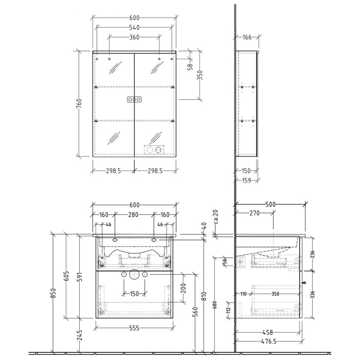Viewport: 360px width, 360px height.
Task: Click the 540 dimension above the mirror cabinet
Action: pyautogui.click(x=134, y=27)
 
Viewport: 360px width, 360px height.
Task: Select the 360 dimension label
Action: pyautogui.click(x=134, y=38)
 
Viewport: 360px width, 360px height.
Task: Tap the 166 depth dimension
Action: pyautogui.click(x=247, y=37)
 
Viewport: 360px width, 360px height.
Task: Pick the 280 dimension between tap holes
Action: pyautogui.click(x=134, y=215)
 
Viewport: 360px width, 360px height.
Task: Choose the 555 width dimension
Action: pyautogui.click(x=134, y=328)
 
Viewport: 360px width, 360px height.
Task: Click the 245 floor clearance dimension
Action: pyautogui.click(x=79, y=335)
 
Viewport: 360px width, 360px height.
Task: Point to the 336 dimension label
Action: pyautogui.click(x=312, y=294)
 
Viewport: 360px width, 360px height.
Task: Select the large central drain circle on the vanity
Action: pyautogui.click(x=134, y=274)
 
